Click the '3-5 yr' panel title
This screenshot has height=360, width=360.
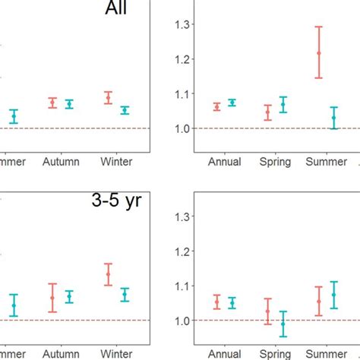coord(116,203)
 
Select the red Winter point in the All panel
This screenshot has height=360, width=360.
coord(108,97)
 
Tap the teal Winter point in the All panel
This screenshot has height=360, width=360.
coord(125,110)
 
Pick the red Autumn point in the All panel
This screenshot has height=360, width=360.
coord(52,103)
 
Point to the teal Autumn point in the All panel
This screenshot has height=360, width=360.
coord(69,104)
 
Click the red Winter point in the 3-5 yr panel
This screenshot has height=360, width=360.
coord(108,274)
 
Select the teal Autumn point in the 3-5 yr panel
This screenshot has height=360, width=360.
coord(69,296)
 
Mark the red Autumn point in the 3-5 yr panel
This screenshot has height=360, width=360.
coord(52,298)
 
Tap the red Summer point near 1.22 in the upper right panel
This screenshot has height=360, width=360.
coord(319,52)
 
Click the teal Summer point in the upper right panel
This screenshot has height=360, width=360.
coord(334,118)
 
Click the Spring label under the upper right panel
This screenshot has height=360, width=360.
coord(274,162)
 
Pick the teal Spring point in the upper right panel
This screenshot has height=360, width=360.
coord(283,104)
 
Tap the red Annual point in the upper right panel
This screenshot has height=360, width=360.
coord(217,107)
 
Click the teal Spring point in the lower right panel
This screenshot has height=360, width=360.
coord(283,324)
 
